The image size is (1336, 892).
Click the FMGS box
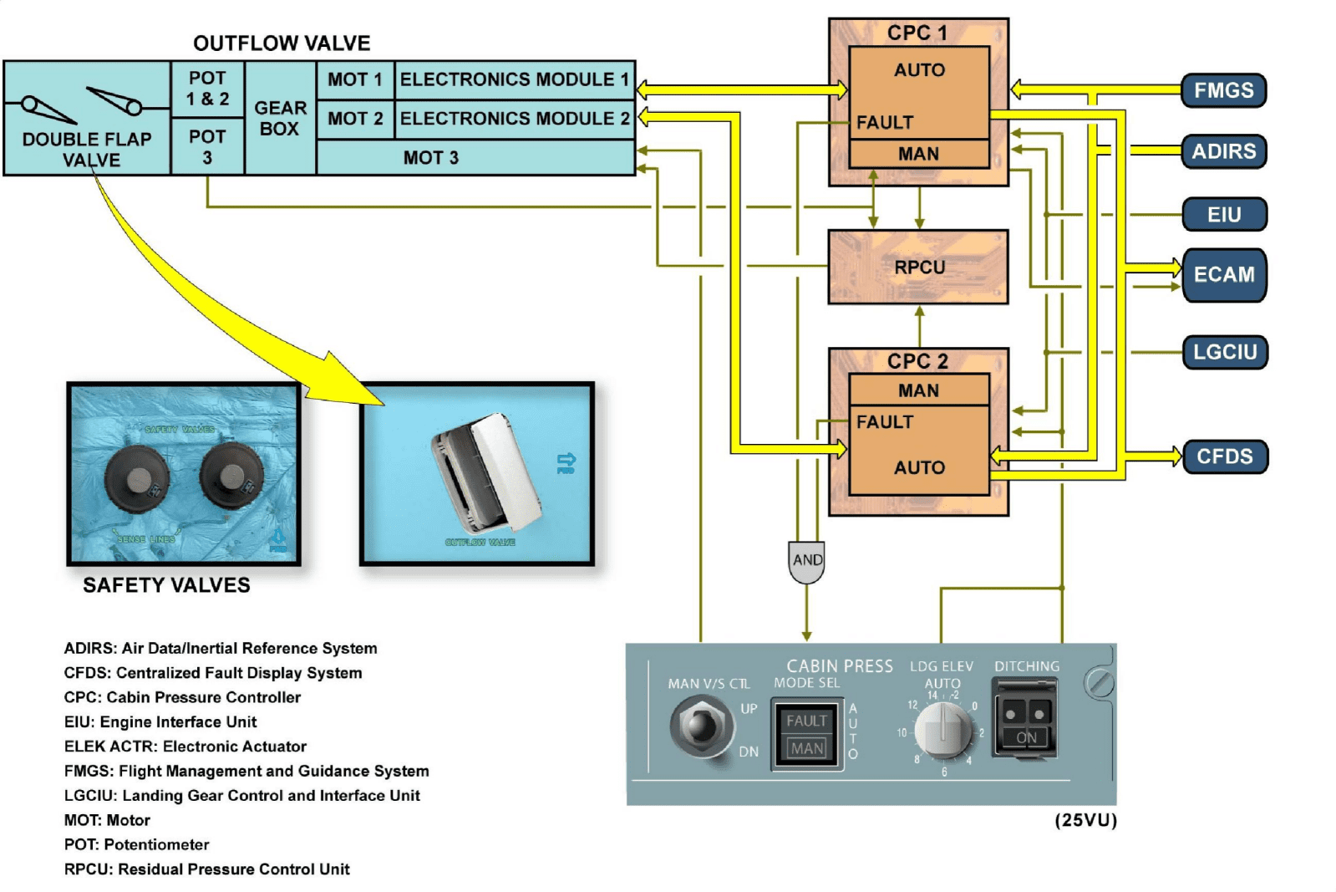(x=1223, y=90)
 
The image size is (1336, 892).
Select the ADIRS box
(x=1223, y=151)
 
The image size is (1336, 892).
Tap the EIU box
(x=1224, y=215)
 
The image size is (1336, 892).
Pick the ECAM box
(x=1224, y=274)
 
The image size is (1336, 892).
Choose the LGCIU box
(x=1225, y=352)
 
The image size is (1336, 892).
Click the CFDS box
(x=1225, y=456)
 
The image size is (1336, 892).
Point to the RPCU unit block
(x=918, y=268)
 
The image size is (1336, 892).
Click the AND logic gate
(x=806, y=561)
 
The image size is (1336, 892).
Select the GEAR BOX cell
(x=280, y=119)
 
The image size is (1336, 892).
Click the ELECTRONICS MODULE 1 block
(x=514, y=79)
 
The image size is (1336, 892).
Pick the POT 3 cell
(x=207, y=147)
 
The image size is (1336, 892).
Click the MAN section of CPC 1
(x=918, y=154)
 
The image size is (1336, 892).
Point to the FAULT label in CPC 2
(x=885, y=422)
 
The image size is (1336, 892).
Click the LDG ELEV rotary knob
(x=943, y=729)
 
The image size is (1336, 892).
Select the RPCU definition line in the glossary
(x=206, y=869)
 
